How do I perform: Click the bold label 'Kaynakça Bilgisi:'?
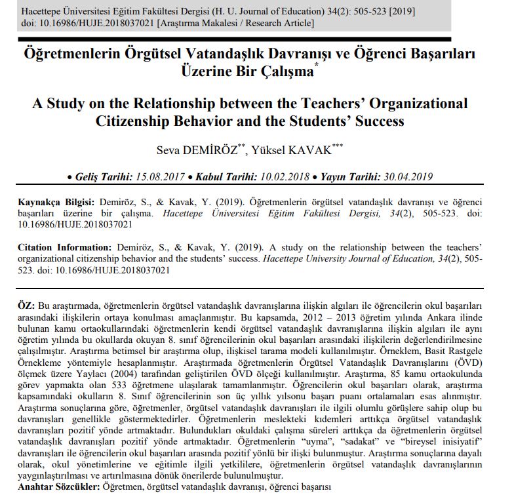tap(56, 203)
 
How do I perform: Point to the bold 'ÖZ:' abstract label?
tap(27, 306)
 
